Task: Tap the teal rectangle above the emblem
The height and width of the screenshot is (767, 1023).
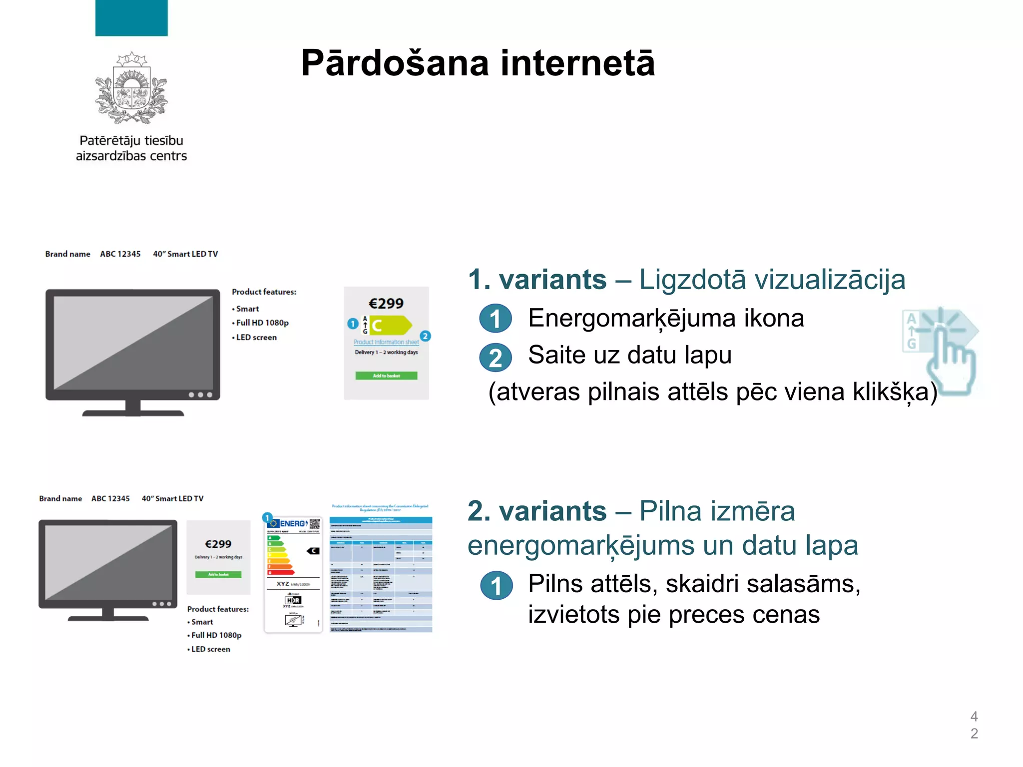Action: [131, 18]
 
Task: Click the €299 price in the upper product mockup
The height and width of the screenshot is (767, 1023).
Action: [386, 304]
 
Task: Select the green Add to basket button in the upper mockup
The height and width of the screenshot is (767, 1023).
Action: [386, 376]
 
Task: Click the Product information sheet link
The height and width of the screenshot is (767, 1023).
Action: [386, 342]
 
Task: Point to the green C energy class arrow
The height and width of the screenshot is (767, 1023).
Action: [390, 325]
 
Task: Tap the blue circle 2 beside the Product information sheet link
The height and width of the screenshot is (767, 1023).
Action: [425, 336]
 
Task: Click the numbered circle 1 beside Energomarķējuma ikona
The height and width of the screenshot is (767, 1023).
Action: [495, 319]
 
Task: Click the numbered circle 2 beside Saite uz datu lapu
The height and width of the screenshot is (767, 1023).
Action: [495, 358]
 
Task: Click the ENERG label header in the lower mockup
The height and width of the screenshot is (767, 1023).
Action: [294, 523]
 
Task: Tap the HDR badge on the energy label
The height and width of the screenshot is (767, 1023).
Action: [293, 600]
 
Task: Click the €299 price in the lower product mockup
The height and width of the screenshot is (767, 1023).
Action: [218, 544]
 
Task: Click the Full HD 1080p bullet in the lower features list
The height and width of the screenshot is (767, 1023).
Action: [216, 635]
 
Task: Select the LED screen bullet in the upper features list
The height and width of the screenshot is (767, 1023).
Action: [256, 338]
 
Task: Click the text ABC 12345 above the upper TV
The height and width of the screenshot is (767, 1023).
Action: [120, 254]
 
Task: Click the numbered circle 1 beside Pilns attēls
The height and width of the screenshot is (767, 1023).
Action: [496, 586]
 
